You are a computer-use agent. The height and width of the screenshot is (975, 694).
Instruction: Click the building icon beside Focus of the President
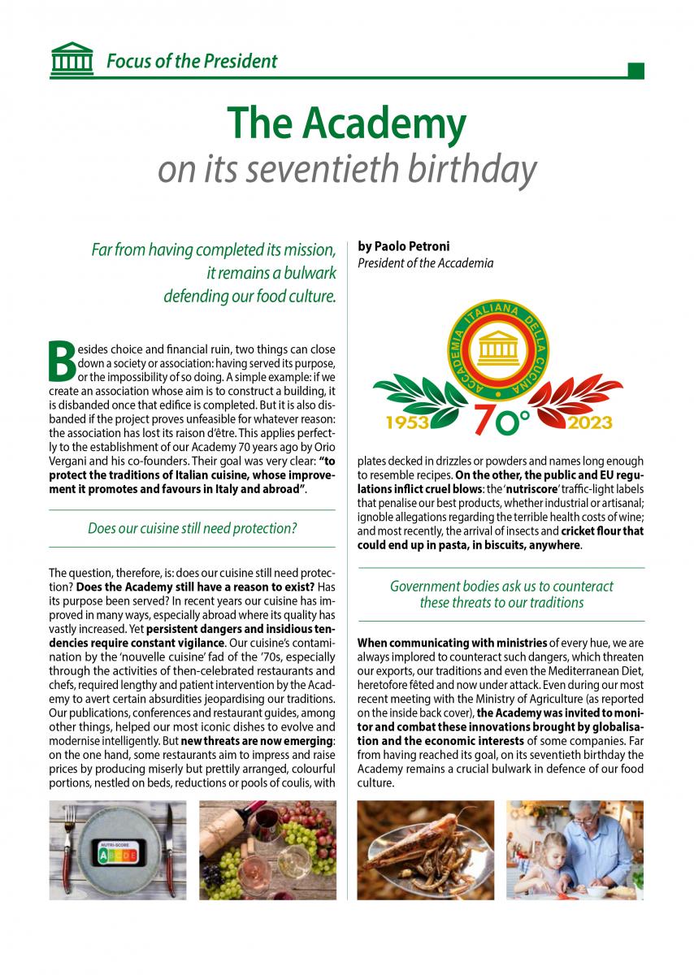71,58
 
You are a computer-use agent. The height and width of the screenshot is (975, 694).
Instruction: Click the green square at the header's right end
635,71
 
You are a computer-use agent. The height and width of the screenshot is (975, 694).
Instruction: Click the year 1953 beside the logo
407,423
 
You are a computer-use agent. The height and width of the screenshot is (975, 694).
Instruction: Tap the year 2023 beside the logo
590,423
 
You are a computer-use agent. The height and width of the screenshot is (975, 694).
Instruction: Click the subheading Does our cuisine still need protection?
192,529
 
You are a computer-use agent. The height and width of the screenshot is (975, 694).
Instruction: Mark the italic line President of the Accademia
425,262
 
